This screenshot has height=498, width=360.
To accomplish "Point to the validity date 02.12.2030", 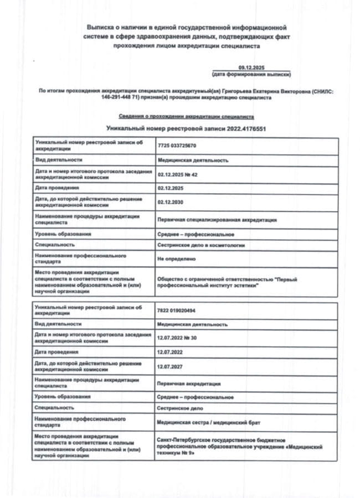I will click(x=169, y=202).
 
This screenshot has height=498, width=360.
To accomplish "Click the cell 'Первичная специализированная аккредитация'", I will click(x=217, y=220).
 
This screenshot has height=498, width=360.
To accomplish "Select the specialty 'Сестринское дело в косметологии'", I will click(x=201, y=245).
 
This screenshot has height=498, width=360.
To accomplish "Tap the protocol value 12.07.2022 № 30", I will click(x=177, y=338).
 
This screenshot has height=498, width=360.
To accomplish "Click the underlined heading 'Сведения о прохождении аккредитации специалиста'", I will click(x=186, y=117).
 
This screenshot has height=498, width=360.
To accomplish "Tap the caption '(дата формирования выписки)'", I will click(x=251, y=74).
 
